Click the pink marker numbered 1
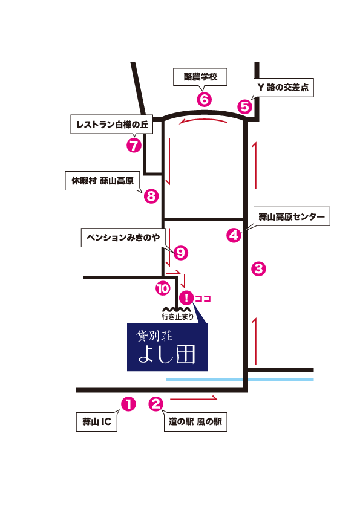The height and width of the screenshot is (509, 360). click(128, 404)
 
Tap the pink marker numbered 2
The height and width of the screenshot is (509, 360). click(156, 404)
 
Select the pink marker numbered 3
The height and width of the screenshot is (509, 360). click(258, 268)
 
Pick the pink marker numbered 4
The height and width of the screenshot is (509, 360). click(234, 235)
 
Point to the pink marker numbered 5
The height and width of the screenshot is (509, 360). click(244, 107)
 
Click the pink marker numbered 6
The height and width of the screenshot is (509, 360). click(203, 99)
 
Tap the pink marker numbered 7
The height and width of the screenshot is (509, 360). click(134, 145)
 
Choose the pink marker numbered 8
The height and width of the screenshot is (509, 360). click(151, 196)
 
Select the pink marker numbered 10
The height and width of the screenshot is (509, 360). click(162, 289)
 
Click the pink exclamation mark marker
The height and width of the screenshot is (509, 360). click(186, 297)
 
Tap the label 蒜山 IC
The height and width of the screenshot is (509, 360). click(96, 422)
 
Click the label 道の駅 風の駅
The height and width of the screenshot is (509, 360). click(195, 422)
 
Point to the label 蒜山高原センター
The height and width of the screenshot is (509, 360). click(292, 216)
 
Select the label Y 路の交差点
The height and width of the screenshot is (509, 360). click(283, 88)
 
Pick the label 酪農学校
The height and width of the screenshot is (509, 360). click(200, 77)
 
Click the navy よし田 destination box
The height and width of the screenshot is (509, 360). click(168, 347)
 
